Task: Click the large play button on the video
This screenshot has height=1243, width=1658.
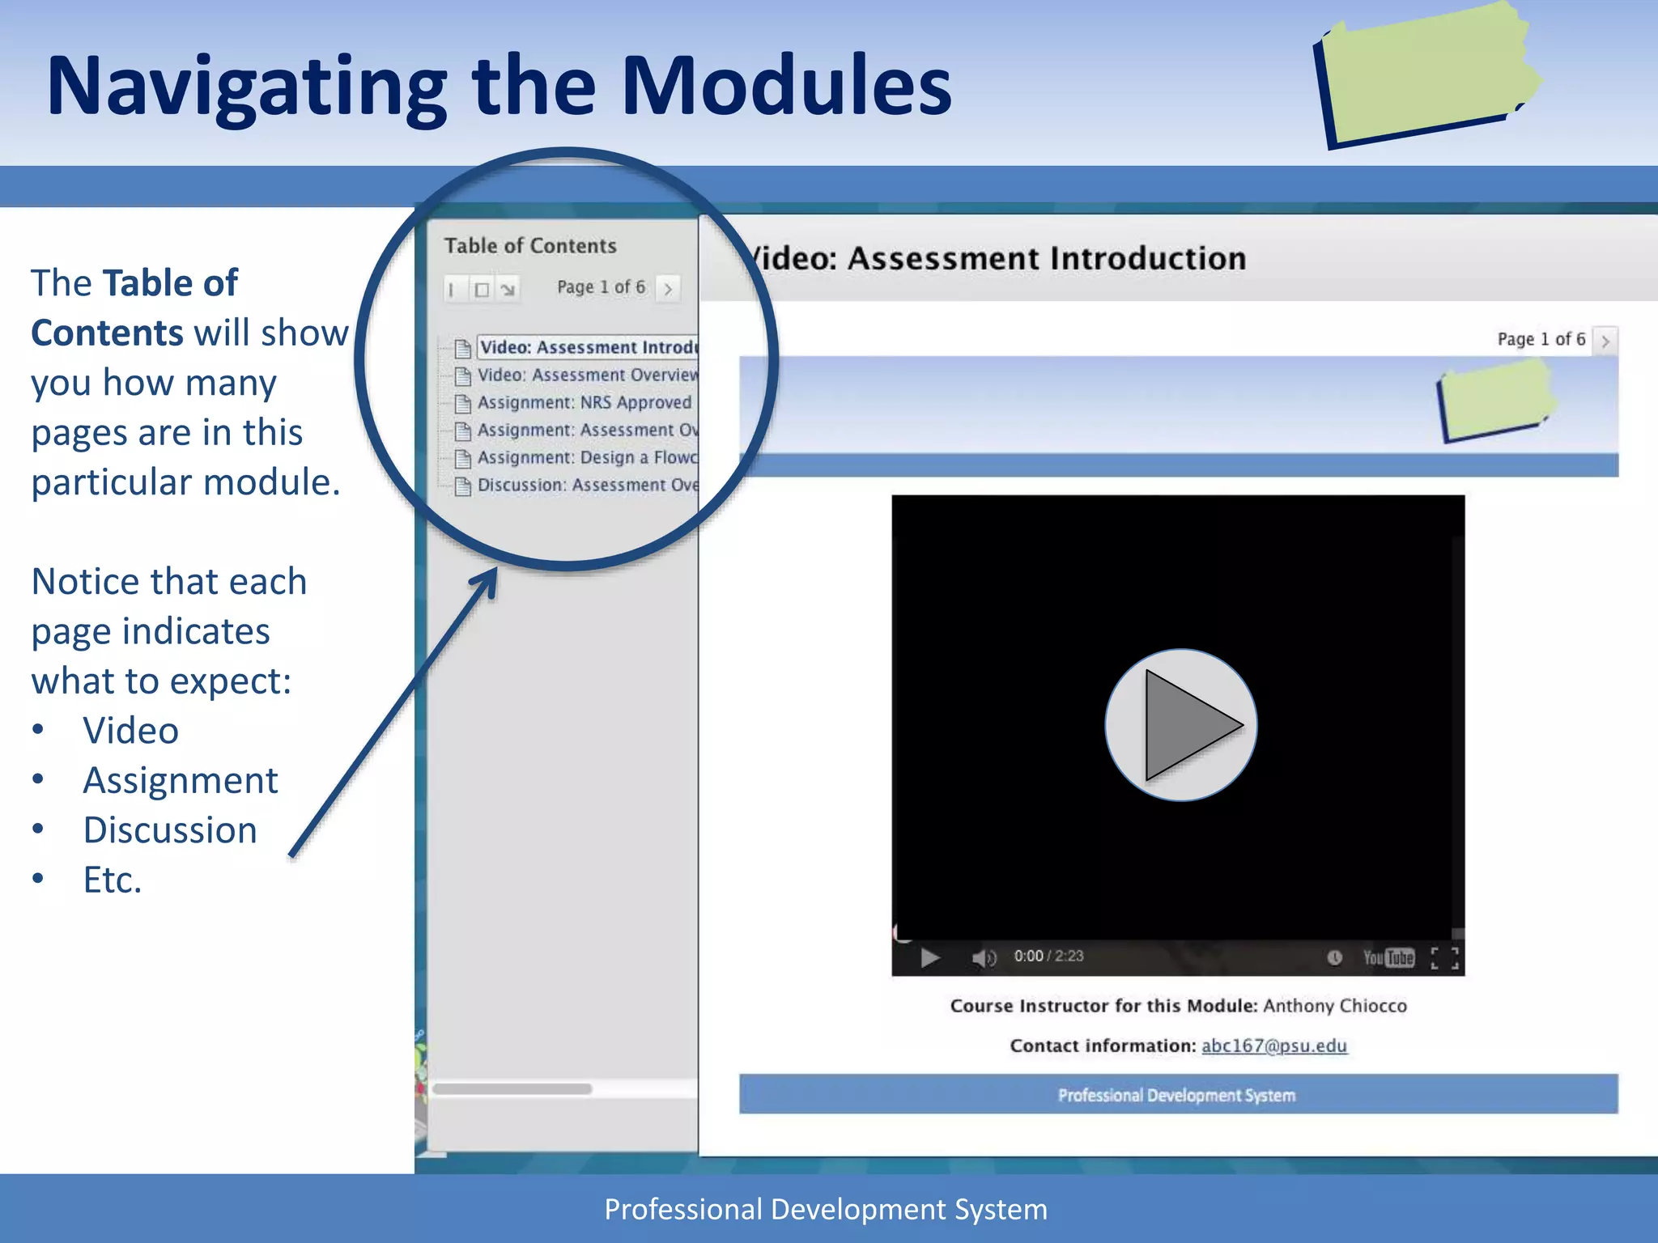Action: click(x=1180, y=725)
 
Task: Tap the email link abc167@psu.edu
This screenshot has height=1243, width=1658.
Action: click(x=1273, y=1046)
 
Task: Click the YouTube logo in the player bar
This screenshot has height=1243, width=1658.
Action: click(x=1388, y=958)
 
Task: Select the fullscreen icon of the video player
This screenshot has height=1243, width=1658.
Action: click(x=1444, y=958)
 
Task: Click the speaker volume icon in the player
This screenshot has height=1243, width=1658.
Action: click(x=984, y=958)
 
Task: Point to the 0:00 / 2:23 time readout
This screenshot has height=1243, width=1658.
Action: click(x=1048, y=957)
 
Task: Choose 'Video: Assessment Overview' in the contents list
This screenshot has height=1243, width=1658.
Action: click(x=587, y=375)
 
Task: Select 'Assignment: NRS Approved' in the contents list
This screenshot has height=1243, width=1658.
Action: click(x=584, y=402)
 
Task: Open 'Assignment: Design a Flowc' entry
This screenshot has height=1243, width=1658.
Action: click(x=587, y=457)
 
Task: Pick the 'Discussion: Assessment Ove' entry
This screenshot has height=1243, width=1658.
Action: click(x=587, y=485)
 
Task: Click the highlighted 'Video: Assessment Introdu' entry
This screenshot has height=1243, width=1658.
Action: click(x=588, y=347)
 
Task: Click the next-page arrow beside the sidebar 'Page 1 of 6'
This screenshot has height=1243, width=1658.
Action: click(x=668, y=288)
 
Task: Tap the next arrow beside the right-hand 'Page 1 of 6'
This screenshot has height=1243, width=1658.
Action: click(x=1605, y=341)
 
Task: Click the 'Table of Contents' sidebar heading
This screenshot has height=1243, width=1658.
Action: click(x=530, y=246)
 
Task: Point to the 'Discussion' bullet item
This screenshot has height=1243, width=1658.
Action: click(x=170, y=830)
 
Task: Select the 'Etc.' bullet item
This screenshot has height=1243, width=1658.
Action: click(x=113, y=880)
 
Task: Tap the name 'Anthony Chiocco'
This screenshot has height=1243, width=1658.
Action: click(x=1335, y=1006)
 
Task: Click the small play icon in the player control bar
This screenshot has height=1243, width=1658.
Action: click(x=929, y=958)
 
